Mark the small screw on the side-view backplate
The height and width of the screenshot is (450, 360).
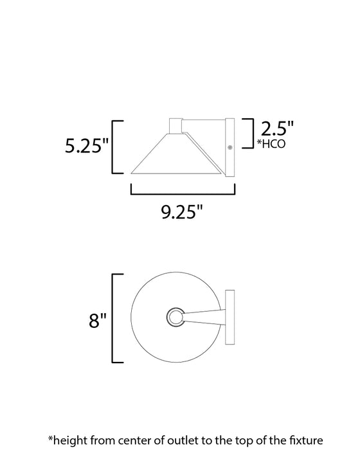click(230, 147)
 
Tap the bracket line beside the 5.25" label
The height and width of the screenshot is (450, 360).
click(114, 147)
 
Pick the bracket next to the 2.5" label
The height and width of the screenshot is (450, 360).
click(246, 132)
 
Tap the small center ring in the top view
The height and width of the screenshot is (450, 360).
click(174, 317)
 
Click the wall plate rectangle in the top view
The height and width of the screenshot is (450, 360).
click(230, 318)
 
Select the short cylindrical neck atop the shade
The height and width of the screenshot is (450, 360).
click(175, 126)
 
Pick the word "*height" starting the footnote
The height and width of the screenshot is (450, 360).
click(67, 440)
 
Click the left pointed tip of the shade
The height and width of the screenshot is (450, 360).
click(132, 173)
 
